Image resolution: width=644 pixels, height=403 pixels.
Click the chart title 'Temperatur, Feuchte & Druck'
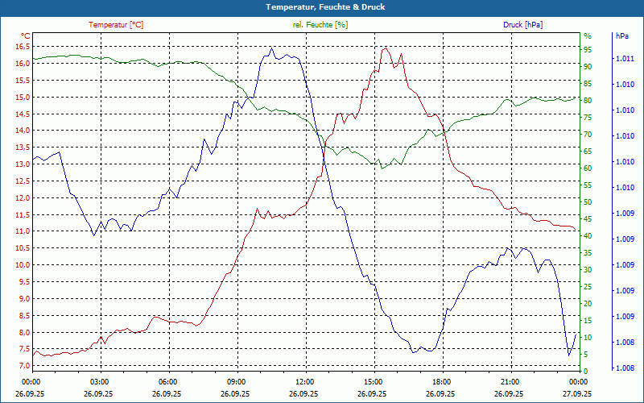[x=321, y=6]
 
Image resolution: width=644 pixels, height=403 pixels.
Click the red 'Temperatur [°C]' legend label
[x=116, y=25]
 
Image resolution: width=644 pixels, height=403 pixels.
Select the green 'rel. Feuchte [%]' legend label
[x=320, y=25]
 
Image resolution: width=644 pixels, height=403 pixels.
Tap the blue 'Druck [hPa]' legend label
[x=522, y=25]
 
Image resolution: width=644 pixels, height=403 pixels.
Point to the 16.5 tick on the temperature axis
[x=22, y=47]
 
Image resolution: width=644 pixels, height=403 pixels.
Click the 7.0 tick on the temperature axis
[x=23, y=366]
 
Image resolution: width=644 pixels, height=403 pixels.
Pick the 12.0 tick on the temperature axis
[x=22, y=197]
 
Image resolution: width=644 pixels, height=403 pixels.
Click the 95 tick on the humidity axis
[x=588, y=50]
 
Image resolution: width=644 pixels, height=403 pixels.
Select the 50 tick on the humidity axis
[x=588, y=202]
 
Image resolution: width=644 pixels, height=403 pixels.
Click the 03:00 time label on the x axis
[x=99, y=381]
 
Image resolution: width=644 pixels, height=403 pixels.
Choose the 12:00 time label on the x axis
[x=304, y=381]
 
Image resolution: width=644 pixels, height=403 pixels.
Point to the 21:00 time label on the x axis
[x=510, y=381]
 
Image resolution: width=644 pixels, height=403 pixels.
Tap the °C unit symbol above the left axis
[x=26, y=36]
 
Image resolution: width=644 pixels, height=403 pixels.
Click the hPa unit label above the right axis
[x=622, y=36]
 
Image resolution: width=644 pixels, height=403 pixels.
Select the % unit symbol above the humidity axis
[x=588, y=36]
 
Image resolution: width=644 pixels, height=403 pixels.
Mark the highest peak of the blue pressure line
[x=271, y=48]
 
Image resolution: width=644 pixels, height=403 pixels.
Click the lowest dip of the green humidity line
[x=383, y=168]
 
